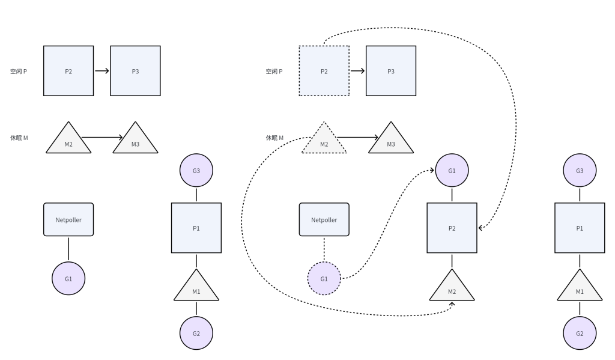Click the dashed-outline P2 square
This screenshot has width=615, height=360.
(x=324, y=71)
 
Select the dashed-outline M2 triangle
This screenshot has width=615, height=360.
(x=324, y=141)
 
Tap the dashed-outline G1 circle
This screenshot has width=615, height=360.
(x=324, y=279)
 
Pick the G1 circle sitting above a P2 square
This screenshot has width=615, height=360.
(x=452, y=171)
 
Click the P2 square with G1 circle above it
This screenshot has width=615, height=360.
(x=452, y=228)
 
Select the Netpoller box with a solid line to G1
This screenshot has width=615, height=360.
(x=68, y=219)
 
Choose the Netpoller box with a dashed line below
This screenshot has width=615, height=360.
(x=324, y=219)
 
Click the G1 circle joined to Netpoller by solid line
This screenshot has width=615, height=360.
(x=68, y=279)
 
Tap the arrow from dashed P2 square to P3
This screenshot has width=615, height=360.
(x=357, y=71)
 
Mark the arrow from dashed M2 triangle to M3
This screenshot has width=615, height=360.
(x=357, y=138)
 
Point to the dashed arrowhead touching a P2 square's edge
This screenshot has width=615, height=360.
(x=480, y=228)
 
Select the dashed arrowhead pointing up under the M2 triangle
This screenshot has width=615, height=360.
(x=452, y=305)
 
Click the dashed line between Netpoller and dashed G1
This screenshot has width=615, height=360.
(x=324, y=249)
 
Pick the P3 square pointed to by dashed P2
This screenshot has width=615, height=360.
(x=391, y=71)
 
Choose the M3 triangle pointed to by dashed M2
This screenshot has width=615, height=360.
(x=391, y=141)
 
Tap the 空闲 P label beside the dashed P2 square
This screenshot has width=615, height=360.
(x=274, y=72)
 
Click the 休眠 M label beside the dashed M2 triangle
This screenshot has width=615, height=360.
(x=274, y=138)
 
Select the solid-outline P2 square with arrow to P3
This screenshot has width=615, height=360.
(x=68, y=71)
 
